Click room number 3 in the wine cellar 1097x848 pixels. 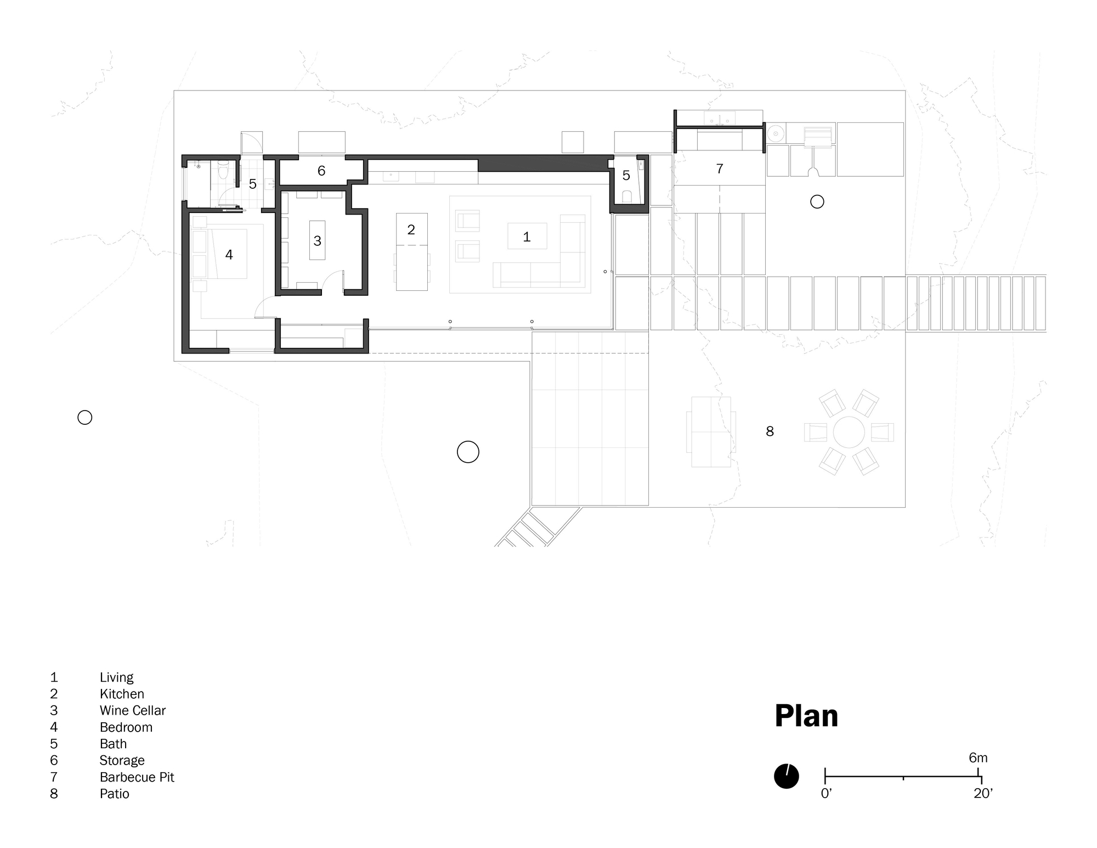click(x=317, y=240)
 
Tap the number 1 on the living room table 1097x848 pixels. click(x=527, y=237)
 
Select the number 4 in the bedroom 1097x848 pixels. click(x=229, y=255)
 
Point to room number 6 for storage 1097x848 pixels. click(x=321, y=171)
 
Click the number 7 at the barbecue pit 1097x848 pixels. click(x=720, y=169)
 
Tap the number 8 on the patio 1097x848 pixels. click(x=770, y=431)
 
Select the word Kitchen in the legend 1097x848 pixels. click(x=122, y=694)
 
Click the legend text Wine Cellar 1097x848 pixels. click(x=132, y=710)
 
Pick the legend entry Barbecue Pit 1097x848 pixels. click(x=137, y=777)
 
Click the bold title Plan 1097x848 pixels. click(x=806, y=716)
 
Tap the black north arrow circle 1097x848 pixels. click(x=786, y=776)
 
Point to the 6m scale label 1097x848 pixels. click(x=978, y=758)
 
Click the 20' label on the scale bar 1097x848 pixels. click(x=983, y=794)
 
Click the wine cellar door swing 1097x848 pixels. click(x=331, y=280)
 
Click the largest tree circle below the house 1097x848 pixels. click(x=468, y=452)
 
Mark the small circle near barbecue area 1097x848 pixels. click(x=817, y=202)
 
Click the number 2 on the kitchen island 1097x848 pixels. click(x=411, y=229)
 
